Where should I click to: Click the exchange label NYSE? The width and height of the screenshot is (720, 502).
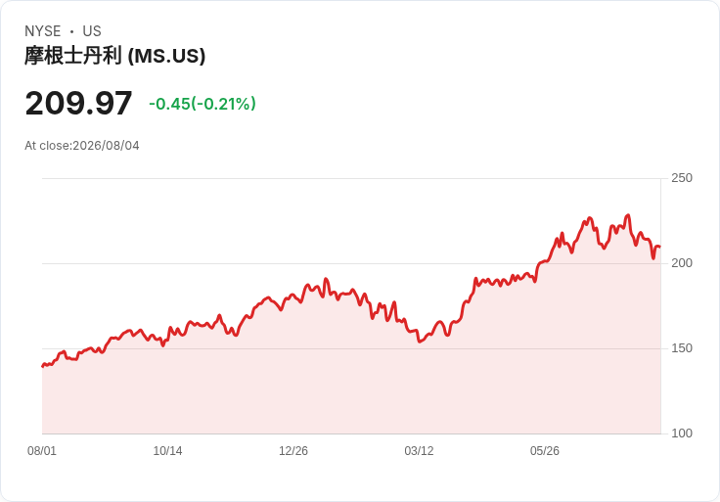pyautogui.click(x=43, y=31)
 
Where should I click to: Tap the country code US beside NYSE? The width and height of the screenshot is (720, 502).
pyautogui.click(x=92, y=31)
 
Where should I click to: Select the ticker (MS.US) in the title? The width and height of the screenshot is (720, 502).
pyautogui.click(x=166, y=56)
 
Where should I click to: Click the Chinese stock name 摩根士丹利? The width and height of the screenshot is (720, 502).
pyautogui.click(x=73, y=56)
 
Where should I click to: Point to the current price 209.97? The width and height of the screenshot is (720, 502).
pyautogui.click(x=78, y=104)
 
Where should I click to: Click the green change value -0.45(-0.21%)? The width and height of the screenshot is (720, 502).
pyautogui.click(x=202, y=104)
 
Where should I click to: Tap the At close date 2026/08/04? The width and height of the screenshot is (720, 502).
pyautogui.click(x=106, y=146)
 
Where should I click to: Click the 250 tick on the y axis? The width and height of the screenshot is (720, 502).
pyautogui.click(x=682, y=178)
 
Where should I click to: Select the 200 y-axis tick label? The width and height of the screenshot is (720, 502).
pyautogui.click(x=682, y=263)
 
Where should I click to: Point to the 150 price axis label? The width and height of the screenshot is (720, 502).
pyautogui.click(x=682, y=348)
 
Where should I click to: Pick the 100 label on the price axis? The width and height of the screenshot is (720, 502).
pyautogui.click(x=682, y=434)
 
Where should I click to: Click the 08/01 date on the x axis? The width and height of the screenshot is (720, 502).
pyautogui.click(x=42, y=451)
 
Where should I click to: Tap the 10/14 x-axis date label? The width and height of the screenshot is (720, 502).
pyautogui.click(x=167, y=451)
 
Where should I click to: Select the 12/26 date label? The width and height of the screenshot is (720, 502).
pyautogui.click(x=293, y=451)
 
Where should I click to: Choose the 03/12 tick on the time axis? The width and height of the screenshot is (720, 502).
pyautogui.click(x=419, y=451)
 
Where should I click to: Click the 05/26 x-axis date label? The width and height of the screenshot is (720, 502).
pyautogui.click(x=545, y=451)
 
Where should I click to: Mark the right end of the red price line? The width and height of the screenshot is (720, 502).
pyautogui.click(x=660, y=248)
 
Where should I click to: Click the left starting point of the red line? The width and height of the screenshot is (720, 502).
pyautogui.click(x=42, y=366)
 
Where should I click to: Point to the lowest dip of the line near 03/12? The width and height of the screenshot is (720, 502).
pyautogui.click(x=419, y=342)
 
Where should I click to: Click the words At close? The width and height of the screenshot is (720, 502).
pyautogui.click(x=47, y=146)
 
